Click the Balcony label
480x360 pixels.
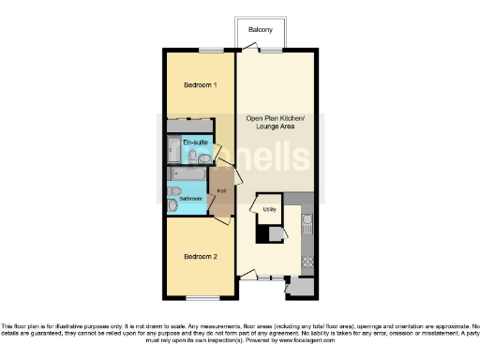pos(261,31)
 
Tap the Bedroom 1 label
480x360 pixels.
pos(200,85)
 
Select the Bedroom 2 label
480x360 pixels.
pos(200,257)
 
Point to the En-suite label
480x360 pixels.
pos(196,142)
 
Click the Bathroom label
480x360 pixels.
pos(190,200)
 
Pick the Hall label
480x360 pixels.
pos(221,192)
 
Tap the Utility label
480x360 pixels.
pos(269,209)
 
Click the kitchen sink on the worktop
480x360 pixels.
pos(307,222)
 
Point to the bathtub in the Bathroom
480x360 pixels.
pos(188,174)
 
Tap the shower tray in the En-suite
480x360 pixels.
pos(175,149)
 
